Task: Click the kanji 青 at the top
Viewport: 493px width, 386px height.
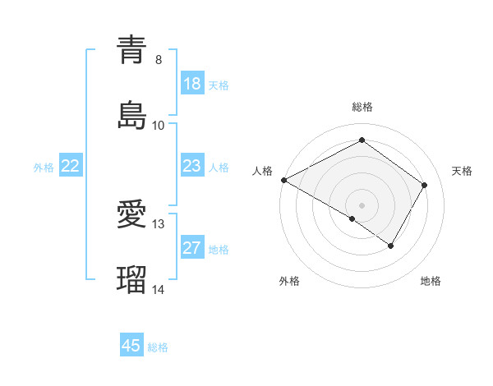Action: tap(131, 50)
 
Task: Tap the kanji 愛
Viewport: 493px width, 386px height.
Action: tap(131, 215)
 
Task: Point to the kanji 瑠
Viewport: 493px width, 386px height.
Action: tap(131, 279)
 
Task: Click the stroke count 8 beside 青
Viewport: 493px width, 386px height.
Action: tap(159, 60)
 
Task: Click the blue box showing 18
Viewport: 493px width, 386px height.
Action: tap(192, 84)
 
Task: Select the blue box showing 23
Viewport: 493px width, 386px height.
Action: tap(192, 166)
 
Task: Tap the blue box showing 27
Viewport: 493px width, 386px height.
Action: tap(192, 248)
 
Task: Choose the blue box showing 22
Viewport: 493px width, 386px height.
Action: tap(71, 166)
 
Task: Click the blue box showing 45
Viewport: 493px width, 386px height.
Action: tap(131, 346)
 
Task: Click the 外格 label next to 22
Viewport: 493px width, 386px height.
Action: tap(44, 168)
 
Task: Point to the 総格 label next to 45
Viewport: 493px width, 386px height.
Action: tap(158, 347)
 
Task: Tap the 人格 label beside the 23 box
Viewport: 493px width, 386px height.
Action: tap(219, 168)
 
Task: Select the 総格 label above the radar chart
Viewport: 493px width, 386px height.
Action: tap(362, 108)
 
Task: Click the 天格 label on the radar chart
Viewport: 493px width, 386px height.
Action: tap(462, 171)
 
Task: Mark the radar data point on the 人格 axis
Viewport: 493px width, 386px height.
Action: tap(283, 180)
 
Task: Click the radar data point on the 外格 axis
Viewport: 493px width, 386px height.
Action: tap(352, 218)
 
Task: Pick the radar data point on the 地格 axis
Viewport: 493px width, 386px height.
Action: tap(391, 246)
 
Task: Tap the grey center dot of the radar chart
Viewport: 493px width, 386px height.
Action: tap(362, 204)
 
